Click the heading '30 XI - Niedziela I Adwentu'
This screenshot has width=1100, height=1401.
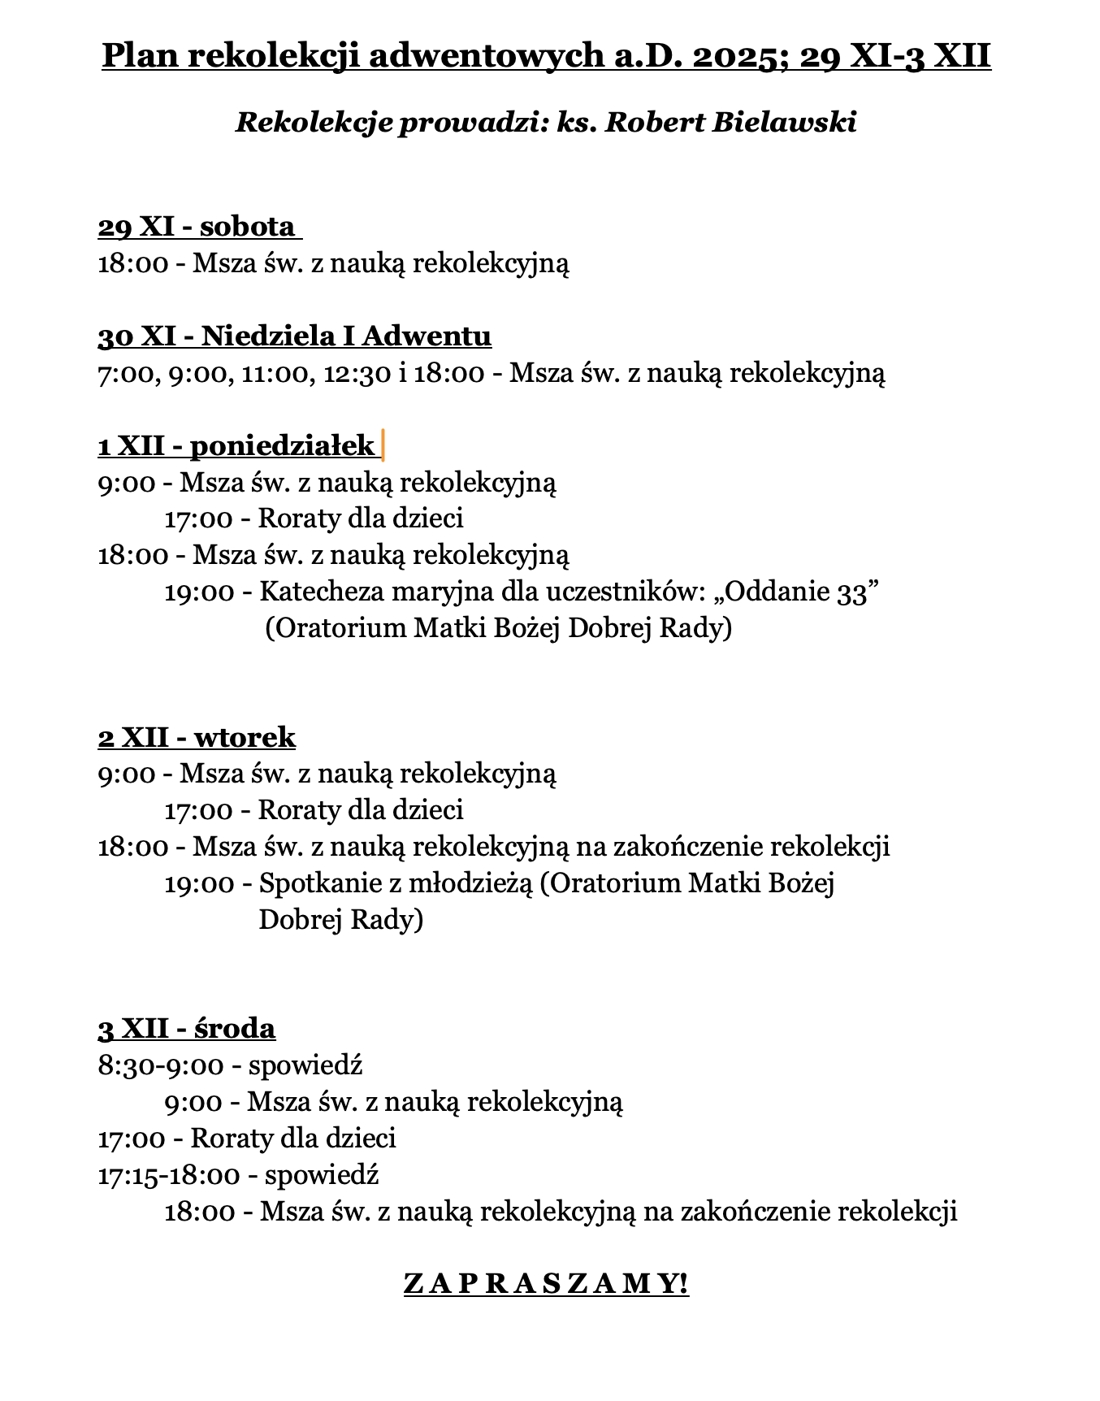coord(294,336)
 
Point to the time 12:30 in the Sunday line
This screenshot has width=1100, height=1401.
coord(358,373)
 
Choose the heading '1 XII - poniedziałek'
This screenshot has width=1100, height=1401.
coord(236,445)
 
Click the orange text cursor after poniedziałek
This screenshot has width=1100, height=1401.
coord(383,446)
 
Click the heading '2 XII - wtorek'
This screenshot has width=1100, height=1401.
coord(197,737)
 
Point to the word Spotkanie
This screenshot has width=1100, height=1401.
coord(318,883)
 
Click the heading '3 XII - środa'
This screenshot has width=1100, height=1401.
coord(187,1029)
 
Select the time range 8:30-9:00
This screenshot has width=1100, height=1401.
coord(161,1065)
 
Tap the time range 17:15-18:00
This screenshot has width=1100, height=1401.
coord(169,1175)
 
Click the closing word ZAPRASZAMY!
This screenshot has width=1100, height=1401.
coord(546,1284)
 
